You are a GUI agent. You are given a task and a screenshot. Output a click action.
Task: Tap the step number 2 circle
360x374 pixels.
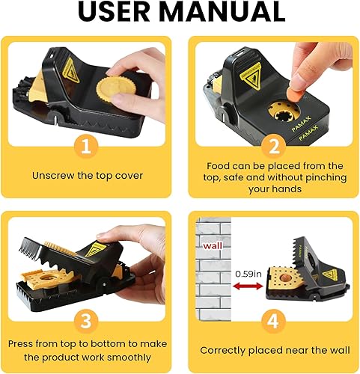click(x=274, y=145)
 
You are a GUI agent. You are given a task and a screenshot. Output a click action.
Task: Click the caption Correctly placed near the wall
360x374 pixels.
click(x=275, y=349)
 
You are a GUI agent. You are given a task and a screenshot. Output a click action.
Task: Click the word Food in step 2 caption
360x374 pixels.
click(x=219, y=165)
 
